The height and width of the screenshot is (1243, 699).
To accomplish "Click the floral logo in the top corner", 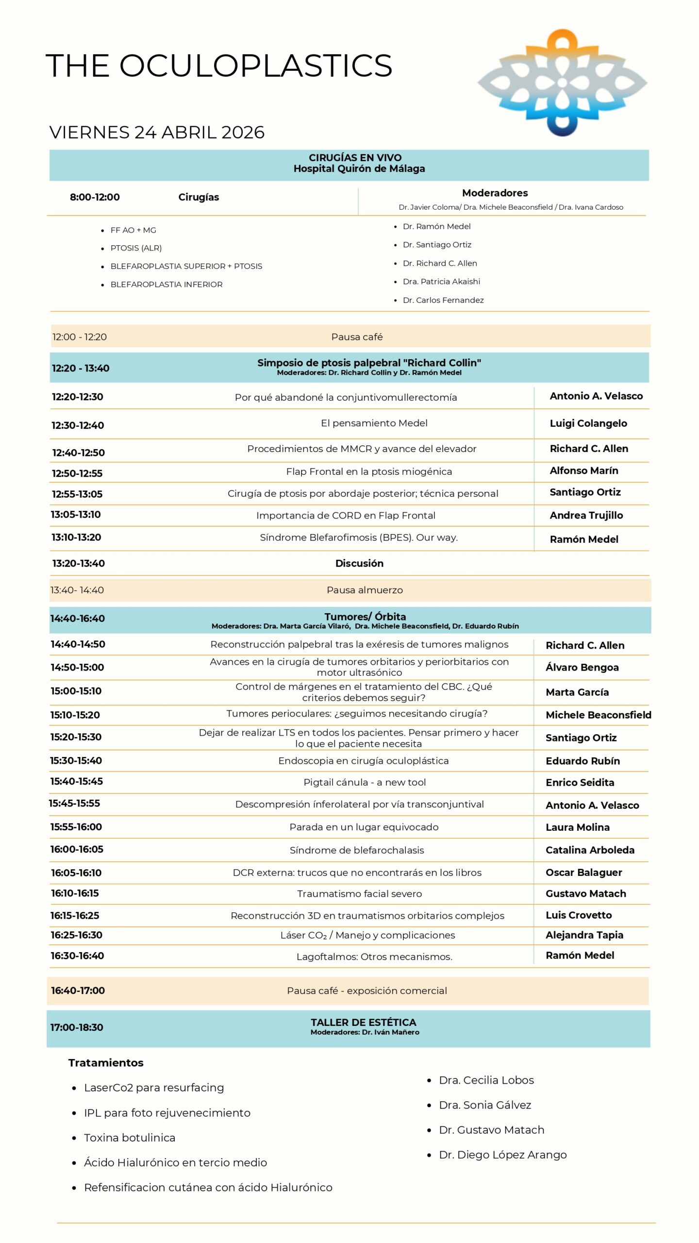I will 562,83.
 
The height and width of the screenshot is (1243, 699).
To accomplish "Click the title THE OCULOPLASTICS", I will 219,66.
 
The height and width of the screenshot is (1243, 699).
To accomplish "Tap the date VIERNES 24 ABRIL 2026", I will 157,132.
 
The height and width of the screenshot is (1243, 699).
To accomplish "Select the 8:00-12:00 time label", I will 95,197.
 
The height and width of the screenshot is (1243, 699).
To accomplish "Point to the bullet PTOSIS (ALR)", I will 136,248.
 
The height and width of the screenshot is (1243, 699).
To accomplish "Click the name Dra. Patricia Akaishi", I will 441,282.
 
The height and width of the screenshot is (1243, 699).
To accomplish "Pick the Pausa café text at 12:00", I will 357,337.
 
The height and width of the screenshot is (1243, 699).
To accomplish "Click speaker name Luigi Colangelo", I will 588,423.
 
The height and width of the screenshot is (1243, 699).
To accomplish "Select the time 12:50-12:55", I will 77,473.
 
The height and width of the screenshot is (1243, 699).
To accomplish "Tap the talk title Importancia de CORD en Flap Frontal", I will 346,516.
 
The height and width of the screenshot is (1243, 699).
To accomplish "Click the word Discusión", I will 359,563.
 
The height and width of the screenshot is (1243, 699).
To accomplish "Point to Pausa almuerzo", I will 365,590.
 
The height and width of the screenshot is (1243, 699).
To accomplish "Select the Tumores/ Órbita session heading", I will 365,617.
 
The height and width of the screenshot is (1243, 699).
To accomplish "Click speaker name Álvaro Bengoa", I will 582,668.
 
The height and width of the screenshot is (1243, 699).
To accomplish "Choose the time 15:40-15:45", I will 77,781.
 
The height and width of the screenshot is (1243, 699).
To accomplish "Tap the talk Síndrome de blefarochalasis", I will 357,850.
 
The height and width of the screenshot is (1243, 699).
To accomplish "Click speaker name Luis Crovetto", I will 579,915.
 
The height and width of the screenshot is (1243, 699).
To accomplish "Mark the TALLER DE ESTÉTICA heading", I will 364,1022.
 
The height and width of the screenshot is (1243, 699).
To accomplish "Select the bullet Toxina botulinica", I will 130,1138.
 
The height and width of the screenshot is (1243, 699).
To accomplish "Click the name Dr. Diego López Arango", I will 502,1155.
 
